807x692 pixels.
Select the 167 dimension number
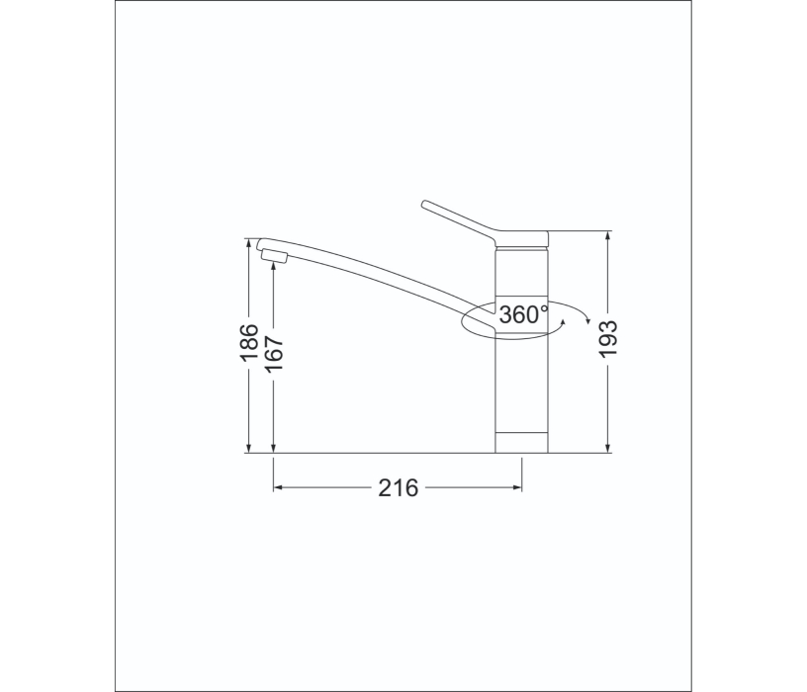click(x=275, y=354)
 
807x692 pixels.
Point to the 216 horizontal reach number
click(x=398, y=487)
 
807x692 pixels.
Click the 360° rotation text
click(x=523, y=315)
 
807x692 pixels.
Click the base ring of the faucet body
click(x=521, y=443)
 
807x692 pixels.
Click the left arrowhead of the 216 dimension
click(x=279, y=487)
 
